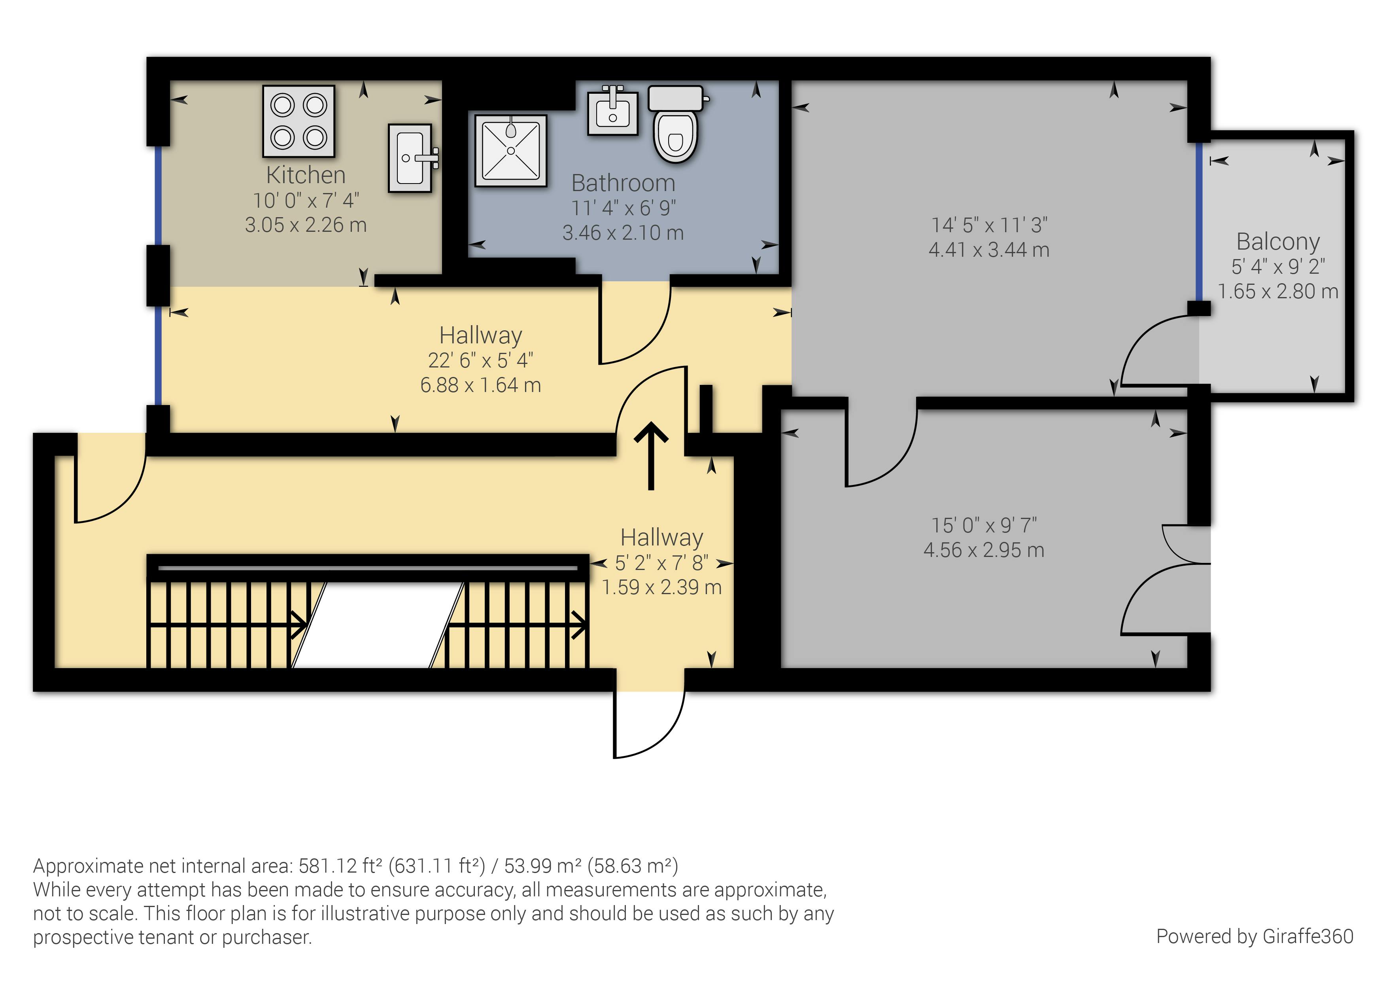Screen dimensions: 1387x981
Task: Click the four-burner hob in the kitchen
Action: pyautogui.click(x=299, y=121)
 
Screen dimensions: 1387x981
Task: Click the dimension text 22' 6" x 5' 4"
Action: pyautogui.click(x=480, y=360)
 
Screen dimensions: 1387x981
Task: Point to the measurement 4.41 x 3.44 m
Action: pyautogui.click(x=989, y=250)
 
